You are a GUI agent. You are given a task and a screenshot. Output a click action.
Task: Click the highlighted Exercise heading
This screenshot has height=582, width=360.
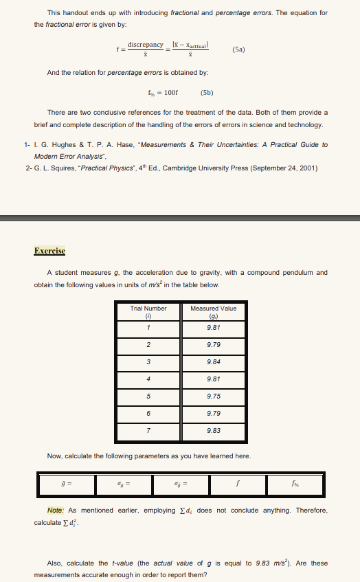coord(49,251)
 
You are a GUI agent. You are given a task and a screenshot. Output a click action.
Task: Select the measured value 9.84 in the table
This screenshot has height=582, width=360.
coord(213,361)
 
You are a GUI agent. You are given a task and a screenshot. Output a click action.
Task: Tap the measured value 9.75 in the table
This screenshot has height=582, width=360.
coord(213,396)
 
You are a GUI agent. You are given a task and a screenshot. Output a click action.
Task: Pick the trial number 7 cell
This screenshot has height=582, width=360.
coord(148,430)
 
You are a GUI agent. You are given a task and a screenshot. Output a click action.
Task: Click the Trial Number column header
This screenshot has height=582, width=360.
coord(148,309)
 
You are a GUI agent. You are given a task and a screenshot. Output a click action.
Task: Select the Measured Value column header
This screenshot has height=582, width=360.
coord(213,309)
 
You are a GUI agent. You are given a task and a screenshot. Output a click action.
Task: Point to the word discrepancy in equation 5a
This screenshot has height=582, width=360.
coord(145,45)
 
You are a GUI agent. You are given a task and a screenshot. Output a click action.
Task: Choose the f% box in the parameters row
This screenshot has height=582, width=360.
coord(297,482)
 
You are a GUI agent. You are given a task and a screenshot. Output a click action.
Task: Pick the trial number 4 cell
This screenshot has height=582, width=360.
coord(148,379)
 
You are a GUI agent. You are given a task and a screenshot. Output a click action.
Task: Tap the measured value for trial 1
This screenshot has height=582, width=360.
coord(213,327)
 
